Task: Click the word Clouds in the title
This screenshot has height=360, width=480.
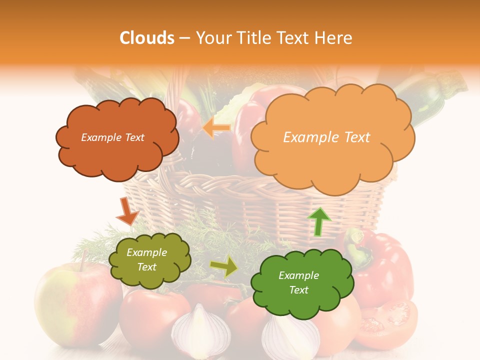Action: click(147, 38)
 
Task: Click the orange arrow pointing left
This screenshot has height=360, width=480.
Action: click(216, 128)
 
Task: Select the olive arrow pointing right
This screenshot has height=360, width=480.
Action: click(224, 267)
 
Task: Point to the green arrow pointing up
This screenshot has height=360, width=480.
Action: click(318, 221)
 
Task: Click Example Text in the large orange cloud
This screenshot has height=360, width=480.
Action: click(326, 137)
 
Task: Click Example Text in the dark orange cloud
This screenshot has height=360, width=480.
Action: click(112, 137)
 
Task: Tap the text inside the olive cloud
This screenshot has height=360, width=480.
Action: click(147, 260)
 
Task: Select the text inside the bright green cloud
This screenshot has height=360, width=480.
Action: click(298, 282)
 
